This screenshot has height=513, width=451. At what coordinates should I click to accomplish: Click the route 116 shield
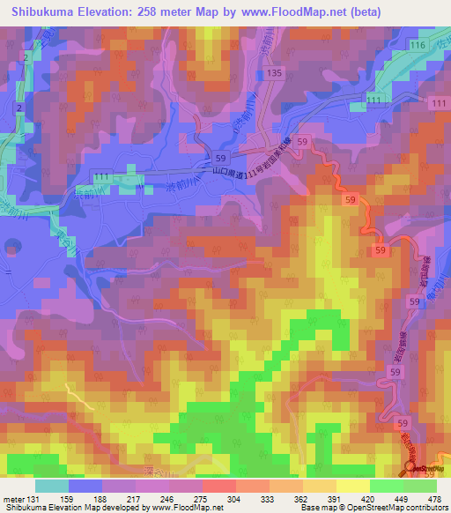(417, 44)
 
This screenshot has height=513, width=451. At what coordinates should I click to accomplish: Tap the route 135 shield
(273, 72)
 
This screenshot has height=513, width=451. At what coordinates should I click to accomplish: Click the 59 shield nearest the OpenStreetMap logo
(403, 423)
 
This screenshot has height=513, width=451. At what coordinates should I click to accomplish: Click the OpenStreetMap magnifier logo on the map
(411, 469)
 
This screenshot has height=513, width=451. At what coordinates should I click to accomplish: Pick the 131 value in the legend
(34, 499)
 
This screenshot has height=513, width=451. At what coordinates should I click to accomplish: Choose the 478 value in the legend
(435, 499)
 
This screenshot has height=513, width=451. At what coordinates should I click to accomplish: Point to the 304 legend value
(235, 499)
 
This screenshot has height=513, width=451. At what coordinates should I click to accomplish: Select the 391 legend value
(335, 499)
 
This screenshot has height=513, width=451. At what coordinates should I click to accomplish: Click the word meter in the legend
(12, 499)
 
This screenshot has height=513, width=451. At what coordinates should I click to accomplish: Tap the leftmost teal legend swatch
(51, 486)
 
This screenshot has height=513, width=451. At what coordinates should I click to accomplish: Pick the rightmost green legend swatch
(420, 486)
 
